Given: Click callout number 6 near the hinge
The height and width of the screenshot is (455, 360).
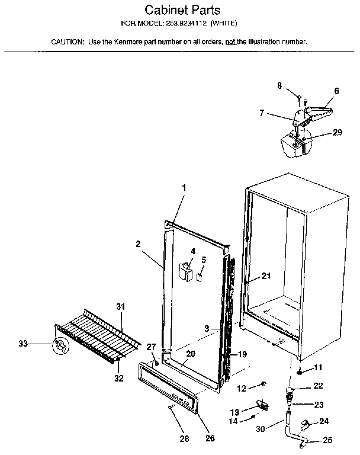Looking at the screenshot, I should (336, 91).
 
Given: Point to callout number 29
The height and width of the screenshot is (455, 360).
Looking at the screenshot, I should (337, 133).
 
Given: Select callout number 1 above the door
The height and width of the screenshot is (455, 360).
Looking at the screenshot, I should (184, 188).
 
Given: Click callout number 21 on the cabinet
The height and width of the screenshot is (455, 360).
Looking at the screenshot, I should (266, 275).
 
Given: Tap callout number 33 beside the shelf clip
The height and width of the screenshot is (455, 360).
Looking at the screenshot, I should (23, 343).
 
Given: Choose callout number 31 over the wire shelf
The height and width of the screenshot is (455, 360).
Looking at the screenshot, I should (121, 306).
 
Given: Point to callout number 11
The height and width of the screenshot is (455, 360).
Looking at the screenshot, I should (317, 368).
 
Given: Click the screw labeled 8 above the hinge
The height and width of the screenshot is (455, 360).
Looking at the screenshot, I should (300, 97).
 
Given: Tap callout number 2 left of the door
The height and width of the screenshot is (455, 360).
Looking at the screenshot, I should (137, 243).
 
